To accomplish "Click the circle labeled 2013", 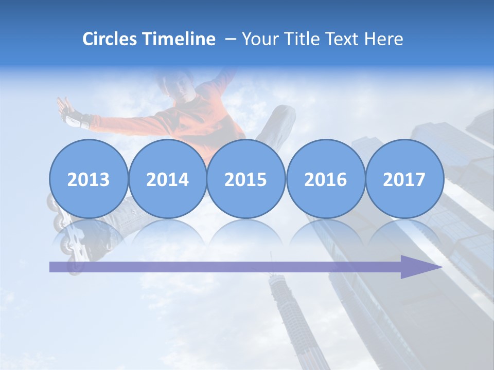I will (89, 179).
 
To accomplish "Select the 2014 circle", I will (167, 179).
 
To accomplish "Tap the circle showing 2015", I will (246, 179).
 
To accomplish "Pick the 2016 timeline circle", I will (325, 179).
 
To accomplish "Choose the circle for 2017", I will (404, 179).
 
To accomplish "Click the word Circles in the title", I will (110, 39).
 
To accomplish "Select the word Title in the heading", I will (302, 39).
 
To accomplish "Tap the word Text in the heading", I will (344, 39).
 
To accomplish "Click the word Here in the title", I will (384, 39).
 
